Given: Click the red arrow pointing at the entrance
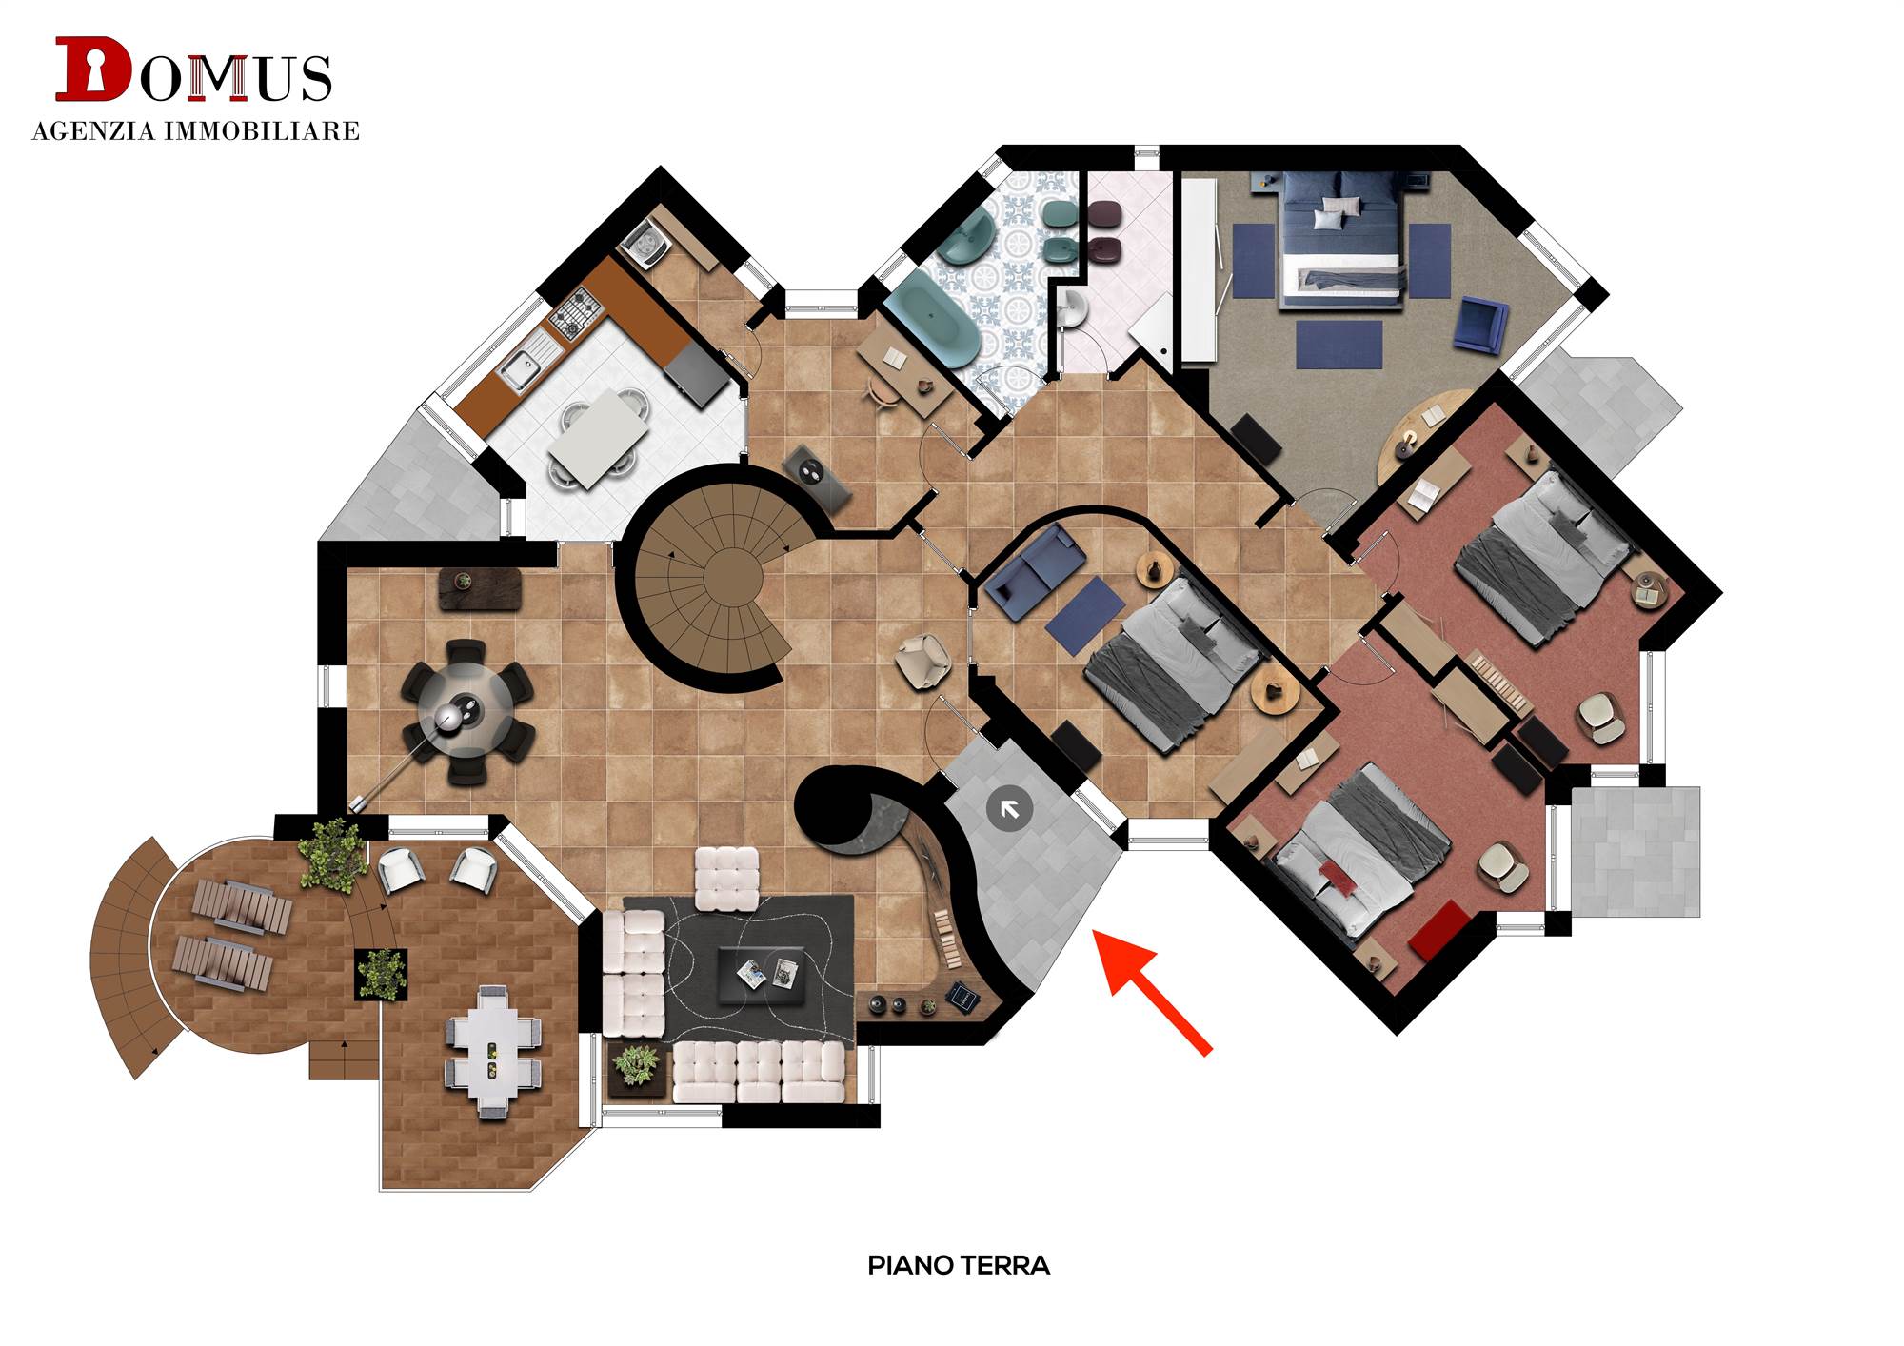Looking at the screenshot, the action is click(1151, 990).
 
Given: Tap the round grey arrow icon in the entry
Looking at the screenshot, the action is click(1009, 809).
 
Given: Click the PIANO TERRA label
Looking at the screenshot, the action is click(959, 1265).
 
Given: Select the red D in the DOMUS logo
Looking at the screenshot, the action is click(92, 69).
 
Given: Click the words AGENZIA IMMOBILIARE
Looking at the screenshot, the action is click(196, 130).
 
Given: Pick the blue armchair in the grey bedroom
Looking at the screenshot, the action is click(1480, 323).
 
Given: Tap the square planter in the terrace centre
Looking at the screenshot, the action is click(382, 974).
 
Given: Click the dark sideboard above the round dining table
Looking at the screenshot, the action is click(480, 588).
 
